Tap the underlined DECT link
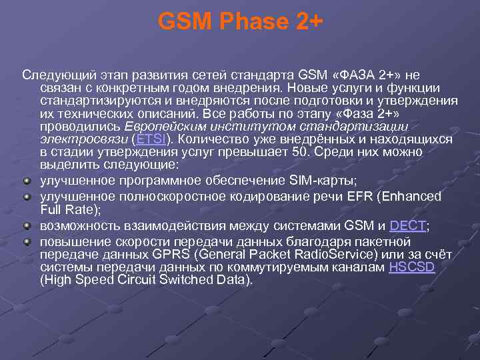(x=407, y=226)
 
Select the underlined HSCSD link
(x=411, y=267)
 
